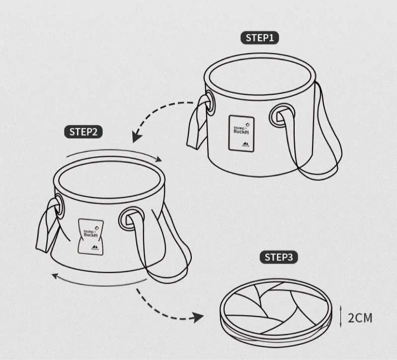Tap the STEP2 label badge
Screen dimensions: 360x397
coord(83,132)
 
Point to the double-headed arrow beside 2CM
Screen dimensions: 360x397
coord(341,316)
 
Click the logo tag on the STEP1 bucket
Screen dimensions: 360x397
coord(241,133)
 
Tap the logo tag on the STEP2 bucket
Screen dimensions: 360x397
coord(90,237)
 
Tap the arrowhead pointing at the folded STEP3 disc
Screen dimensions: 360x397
coord(199,317)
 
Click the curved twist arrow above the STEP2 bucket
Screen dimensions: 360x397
coord(114,153)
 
